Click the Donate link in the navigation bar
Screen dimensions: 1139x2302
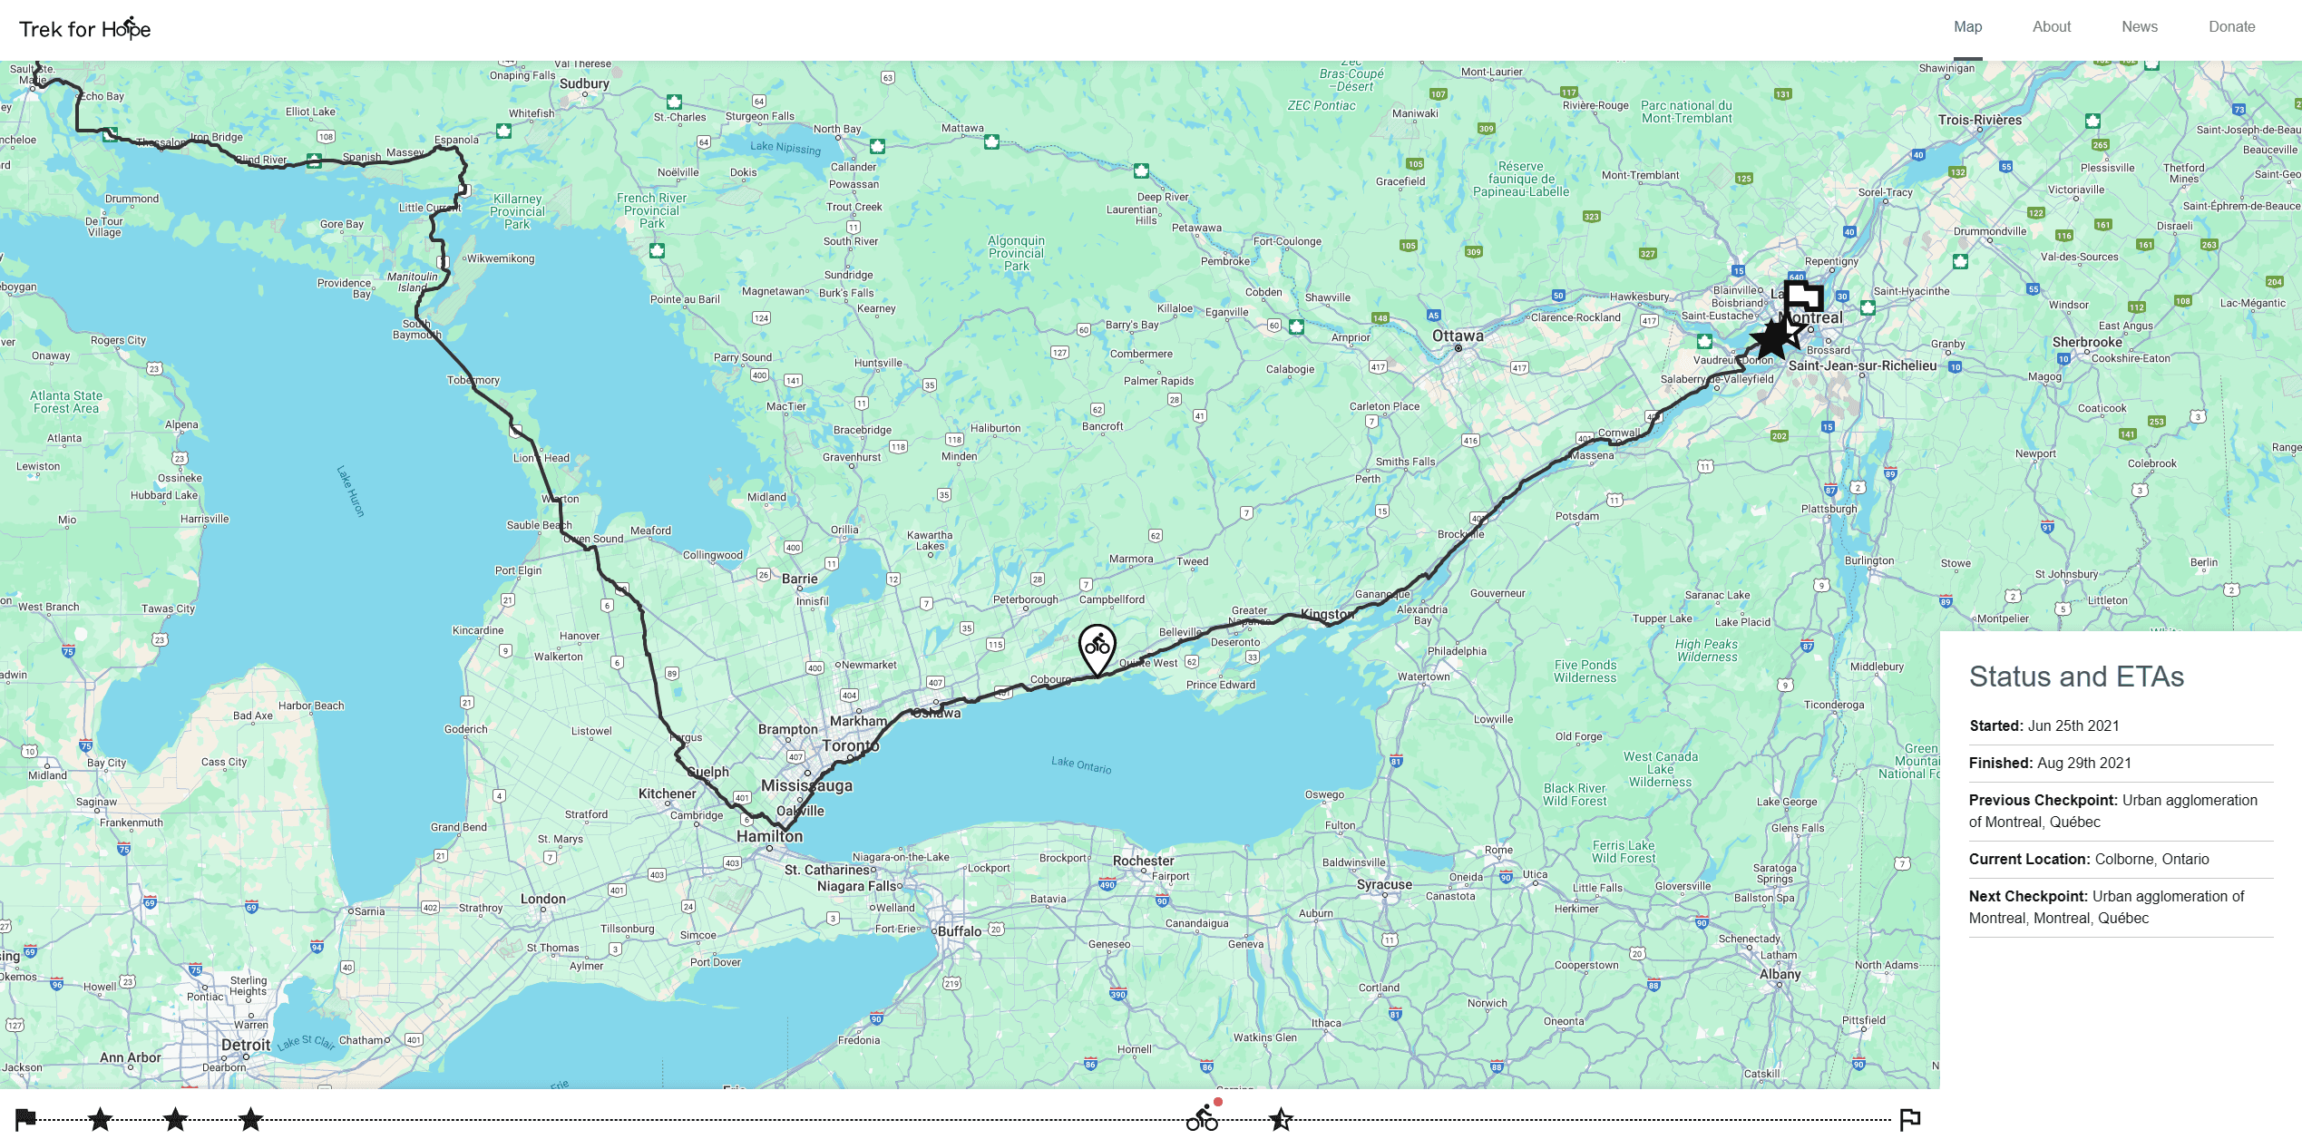tap(2231, 27)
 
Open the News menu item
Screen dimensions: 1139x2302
tap(2139, 27)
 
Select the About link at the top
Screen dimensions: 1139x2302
tap(2051, 27)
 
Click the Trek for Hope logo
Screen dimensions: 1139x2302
tap(85, 29)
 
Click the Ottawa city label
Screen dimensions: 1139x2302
tap(1458, 336)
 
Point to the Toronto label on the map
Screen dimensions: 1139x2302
tap(850, 745)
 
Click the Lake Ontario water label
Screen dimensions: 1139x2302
tap(1080, 764)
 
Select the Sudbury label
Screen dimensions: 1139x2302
tap(584, 83)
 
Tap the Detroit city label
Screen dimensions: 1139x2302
tap(246, 1045)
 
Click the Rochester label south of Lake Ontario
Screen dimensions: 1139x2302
tap(1143, 861)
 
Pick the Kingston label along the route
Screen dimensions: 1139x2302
tap(1327, 614)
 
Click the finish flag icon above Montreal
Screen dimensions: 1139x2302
tap(1803, 297)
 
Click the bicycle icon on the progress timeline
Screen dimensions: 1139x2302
tap(1202, 1118)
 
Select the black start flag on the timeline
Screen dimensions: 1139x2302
tap(25, 1119)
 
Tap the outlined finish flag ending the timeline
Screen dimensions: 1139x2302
tap(1909, 1119)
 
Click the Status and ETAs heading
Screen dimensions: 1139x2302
tap(2076, 677)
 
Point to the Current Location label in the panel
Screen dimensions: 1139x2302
tap(2029, 859)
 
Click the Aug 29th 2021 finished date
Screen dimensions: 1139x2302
tap(2083, 763)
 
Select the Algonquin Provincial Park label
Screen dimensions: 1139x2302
tap(1016, 253)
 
